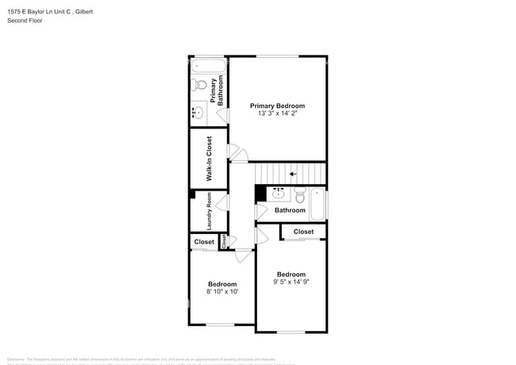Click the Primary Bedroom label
pyautogui.click(x=277, y=106)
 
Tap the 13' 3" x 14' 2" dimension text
pyautogui.click(x=277, y=114)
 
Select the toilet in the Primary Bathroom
pyautogui.click(x=199, y=84)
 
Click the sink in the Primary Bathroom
pyautogui.click(x=198, y=113)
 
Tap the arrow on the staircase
pyautogui.click(x=293, y=174)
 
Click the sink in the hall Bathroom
pyautogui.click(x=278, y=194)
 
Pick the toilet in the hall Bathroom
pyautogui.click(x=300, y=194)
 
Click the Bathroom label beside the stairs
pyautogui.click(x=290, y=210)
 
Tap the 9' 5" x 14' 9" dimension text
pyautogui.click(x=291, y=282)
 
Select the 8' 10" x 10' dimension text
pyautogui.click(x=222, y=292)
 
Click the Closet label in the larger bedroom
pyautogui.click(x=303, y=232)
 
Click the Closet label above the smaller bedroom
pyautogui.click(x=204, y=242)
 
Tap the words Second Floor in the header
pyautogui.click(x=25, y=21)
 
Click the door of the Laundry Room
pyautogui.click(x=224, y=204)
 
